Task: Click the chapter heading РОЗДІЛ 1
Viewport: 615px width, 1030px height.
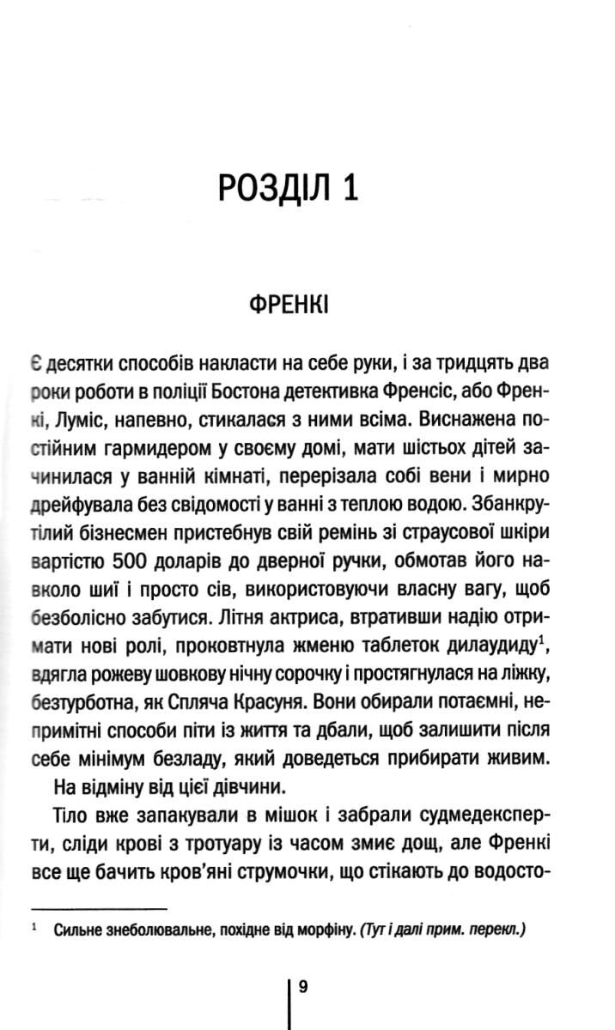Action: click(x=287, y=187)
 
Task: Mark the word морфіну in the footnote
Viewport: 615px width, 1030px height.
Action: click(x=319, y=930)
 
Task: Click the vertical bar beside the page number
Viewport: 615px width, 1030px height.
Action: click(x=289, y=1000)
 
